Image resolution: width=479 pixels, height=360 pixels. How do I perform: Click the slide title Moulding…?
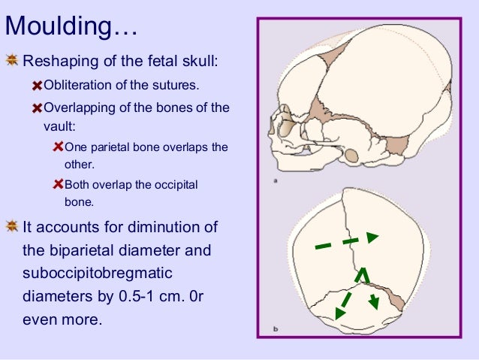[x=71, y=28]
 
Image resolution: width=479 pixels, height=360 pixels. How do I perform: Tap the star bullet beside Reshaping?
[x=12, y=59]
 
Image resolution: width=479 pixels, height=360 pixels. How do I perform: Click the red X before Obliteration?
[x=38, y=85]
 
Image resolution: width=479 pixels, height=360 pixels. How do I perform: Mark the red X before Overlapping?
[x=38, y=107]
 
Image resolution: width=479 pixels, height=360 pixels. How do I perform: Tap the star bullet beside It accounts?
[x=12, y=227]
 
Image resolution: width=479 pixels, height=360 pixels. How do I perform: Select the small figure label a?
[x=277, y=180]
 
